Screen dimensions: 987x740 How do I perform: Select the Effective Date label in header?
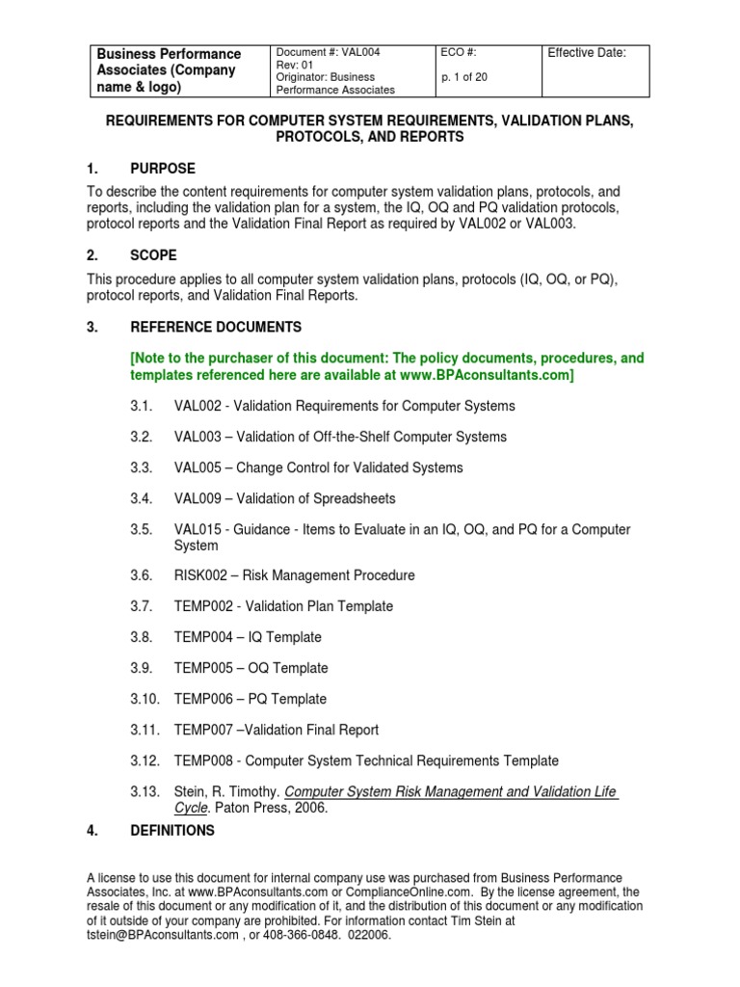pos(587,53)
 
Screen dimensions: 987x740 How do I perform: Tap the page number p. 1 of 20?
pos(469,77)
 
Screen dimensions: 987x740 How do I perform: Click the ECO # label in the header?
pos(458,53)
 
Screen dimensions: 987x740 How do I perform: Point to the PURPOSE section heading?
pos(163,169)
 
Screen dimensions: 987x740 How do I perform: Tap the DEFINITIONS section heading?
pos(172,830)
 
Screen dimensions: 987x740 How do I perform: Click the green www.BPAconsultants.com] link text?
pos(488,375)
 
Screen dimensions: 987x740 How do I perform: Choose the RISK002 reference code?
pos(199,575)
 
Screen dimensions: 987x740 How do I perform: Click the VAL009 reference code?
pos(198,498)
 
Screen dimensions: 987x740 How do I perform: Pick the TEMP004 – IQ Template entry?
pos(248,637)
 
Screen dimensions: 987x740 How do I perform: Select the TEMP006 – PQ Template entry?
pos(250,699)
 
